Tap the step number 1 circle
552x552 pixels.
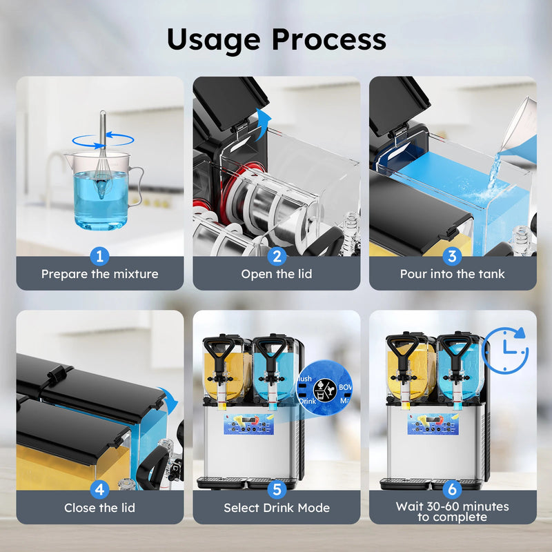click(x=100, y=257)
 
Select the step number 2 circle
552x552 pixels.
click(x=276, y=257)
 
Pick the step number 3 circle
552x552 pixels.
click(x=453, y=257)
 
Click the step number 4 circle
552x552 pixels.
click(x=100, y=490)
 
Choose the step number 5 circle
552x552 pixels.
click(x=276, y=490)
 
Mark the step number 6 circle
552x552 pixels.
click(x=453, y=490)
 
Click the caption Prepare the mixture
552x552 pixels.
click(x=100, y=274)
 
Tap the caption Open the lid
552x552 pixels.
click(x=276, y=274)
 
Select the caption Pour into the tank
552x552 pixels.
click(x=453, y=274)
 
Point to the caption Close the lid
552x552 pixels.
click(x=100, y=508)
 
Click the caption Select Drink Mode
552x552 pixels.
click(x=276, y=508)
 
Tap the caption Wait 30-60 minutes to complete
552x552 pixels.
click(x=453, y=511)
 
